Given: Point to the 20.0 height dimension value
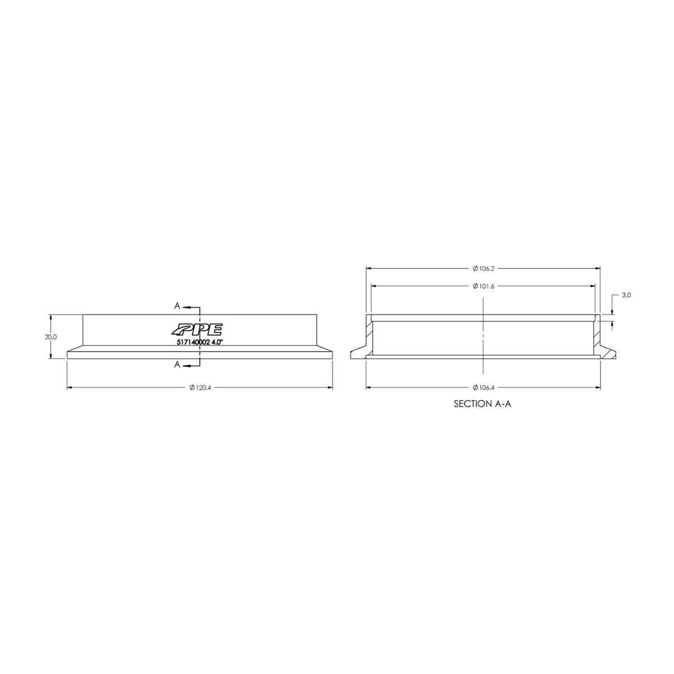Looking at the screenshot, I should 51,337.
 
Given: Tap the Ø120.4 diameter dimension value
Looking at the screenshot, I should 199,388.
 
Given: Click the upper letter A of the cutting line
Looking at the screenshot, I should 177,306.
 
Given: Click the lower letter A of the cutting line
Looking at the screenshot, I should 177,365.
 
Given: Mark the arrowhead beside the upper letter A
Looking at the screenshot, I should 185,307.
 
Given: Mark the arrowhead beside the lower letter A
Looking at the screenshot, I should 185,365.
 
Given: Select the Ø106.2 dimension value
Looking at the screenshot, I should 483,268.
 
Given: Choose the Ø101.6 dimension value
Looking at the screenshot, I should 483,286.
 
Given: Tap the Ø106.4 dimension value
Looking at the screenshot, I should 483,388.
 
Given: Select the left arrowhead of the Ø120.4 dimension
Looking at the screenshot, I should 70,388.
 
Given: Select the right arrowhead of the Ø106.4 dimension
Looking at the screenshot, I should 598,388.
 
